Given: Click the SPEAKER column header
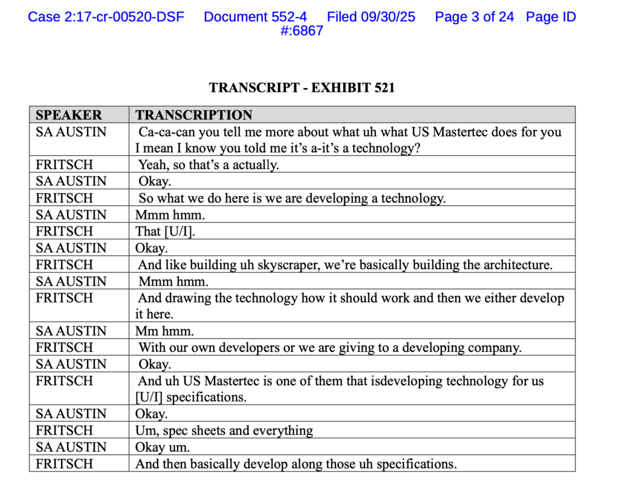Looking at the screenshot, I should [69, 115].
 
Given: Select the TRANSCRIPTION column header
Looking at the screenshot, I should [193, 115].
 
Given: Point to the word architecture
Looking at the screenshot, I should [513, 264].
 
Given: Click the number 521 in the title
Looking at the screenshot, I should [382, 88].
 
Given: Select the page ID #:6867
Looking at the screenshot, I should [302, 31].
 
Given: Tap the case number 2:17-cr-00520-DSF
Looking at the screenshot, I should [106, 17].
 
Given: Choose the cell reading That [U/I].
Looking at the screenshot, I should [161, 231].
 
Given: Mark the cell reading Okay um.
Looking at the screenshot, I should [162, 447].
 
